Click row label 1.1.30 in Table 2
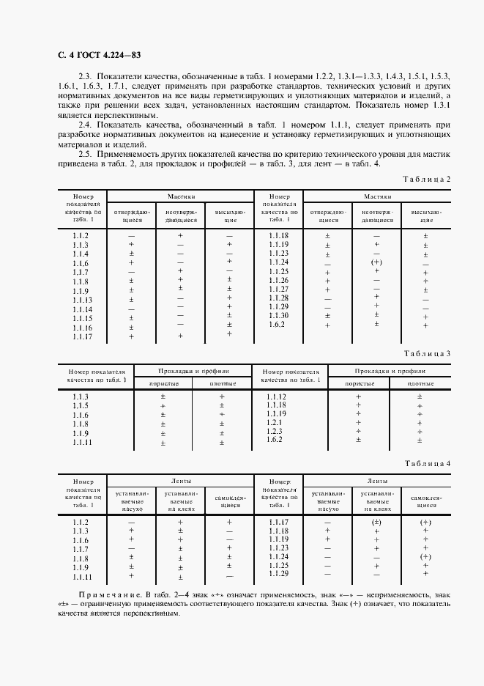279,315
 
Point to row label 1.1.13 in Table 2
82,300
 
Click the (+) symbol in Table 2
376,262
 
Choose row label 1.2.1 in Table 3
275,423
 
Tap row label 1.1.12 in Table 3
277,397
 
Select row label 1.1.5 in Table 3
81,406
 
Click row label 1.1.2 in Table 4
81,521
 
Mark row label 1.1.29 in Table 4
279,574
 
